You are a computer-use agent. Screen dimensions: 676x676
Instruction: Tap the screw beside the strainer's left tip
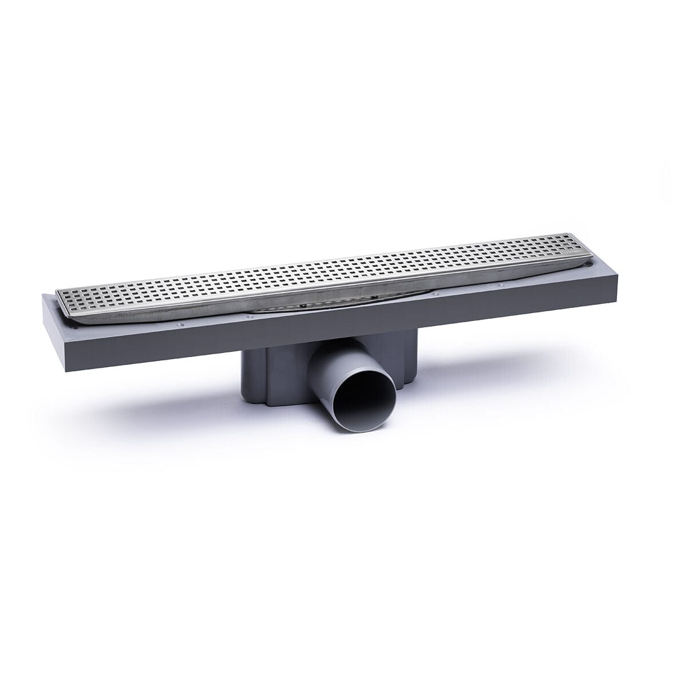coord(247,314)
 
